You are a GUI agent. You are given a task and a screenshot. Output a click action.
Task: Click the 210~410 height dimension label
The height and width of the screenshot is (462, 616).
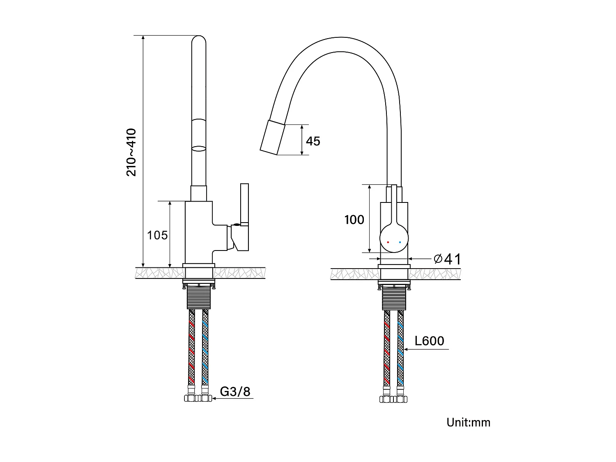pyautogui.click(x=131, y=152)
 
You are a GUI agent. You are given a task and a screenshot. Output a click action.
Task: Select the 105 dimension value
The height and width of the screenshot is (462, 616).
pyautogui.click(x=157, y=235)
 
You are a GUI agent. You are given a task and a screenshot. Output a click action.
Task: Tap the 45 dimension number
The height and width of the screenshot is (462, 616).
pyautogui.click(x=313, y=141)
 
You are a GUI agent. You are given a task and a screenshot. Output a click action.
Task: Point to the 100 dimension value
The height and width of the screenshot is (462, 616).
pyautogui.click(x=354, y=220)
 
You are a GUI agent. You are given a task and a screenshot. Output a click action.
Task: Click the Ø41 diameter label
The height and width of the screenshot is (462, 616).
pyautogui.click(x=447, y=259)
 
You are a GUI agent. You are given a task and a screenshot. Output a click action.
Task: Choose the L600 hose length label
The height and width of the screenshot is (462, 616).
pyautogui.click(x=429, y=341)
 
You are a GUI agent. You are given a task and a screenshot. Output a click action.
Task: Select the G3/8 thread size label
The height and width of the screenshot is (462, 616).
pyautogui.click(x=235, y=391)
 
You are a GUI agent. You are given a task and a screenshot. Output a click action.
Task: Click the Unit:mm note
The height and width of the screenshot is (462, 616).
pyautogui.click(x=468, y=422)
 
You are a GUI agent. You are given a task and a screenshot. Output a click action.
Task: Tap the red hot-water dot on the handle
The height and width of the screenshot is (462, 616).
pyautogui.click(x=388, y=242)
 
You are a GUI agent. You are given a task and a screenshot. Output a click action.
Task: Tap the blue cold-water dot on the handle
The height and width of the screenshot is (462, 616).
pyautogui.click(x=400, y=242)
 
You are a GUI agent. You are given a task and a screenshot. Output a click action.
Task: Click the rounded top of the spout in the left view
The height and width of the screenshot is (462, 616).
pyautogui.click(x=199, y=41)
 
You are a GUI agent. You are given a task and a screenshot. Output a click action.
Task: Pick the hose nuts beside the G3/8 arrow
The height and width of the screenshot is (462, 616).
pyautogui.click(x=198, y=398)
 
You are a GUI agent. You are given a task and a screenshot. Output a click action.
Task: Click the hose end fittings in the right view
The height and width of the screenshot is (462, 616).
pyautogui.click(x=394, y=399)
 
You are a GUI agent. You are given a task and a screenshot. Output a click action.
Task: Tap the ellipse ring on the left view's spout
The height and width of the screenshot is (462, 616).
pyautogui.click(x=199, y=148)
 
